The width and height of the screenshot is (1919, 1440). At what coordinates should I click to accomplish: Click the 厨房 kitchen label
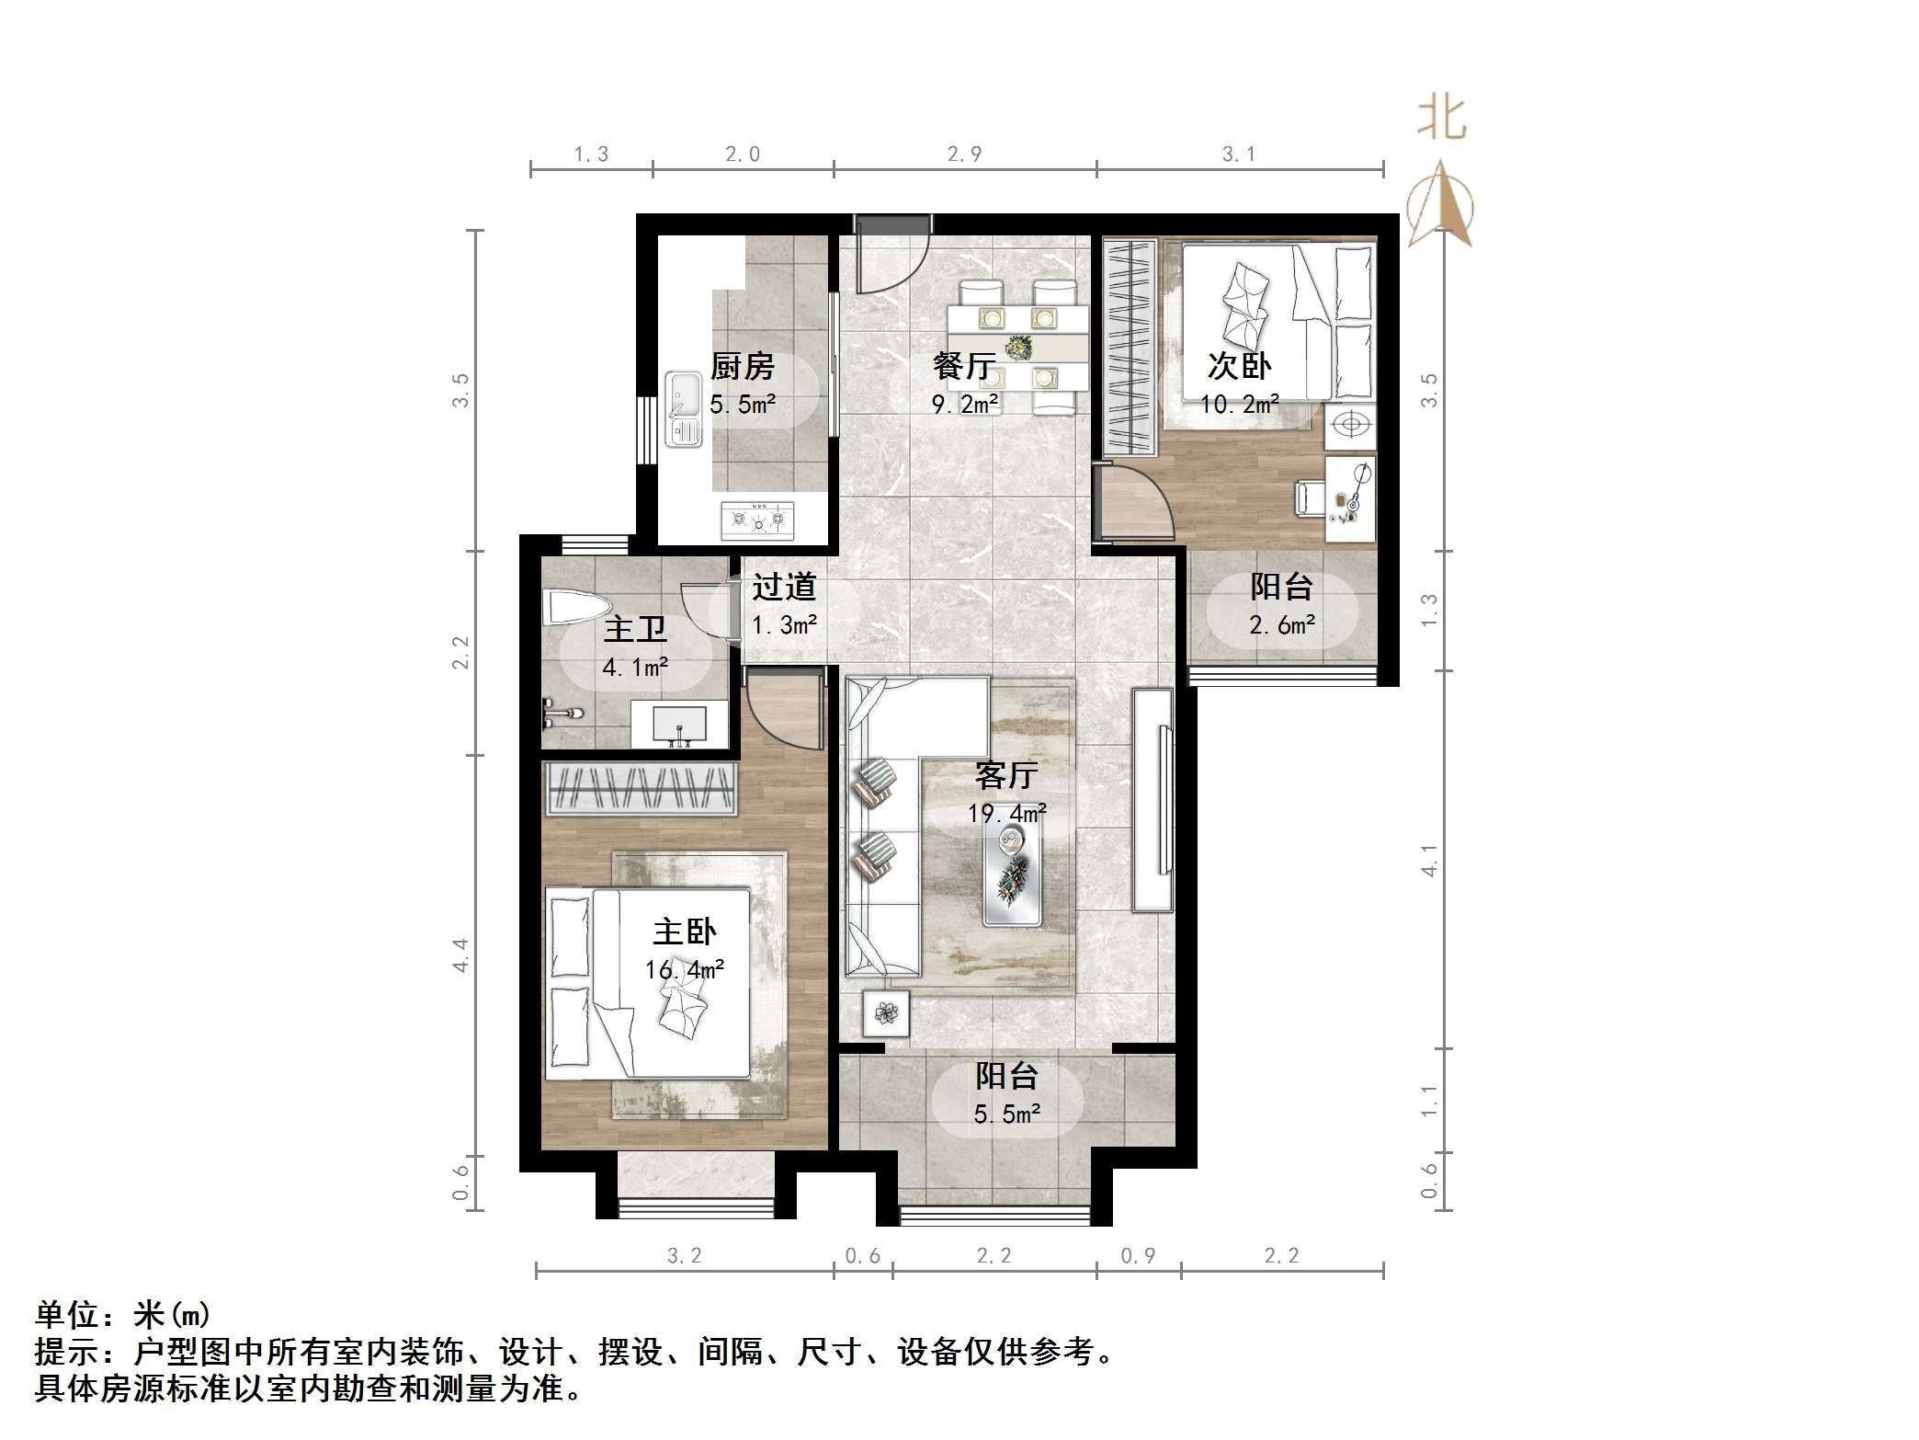(x=742, y=367)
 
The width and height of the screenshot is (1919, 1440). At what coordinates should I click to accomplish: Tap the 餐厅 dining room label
(x=964, y=367)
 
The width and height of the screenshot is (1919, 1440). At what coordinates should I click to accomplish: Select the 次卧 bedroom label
(x=1239, y=367)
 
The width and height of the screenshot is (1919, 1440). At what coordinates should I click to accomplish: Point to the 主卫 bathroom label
(x=634, y=630)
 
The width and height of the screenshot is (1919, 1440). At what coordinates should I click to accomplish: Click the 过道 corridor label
(x=784, y=587)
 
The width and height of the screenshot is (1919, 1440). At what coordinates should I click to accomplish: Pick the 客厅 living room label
(x=1006, y=776)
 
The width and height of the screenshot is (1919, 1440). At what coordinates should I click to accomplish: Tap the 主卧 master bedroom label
(x=685, y=932)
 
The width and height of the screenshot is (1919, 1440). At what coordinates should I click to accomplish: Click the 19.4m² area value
(x=1006, y=814)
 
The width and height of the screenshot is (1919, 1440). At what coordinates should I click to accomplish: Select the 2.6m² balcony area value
(x=1281, y=625)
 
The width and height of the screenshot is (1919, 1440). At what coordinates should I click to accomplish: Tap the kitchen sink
(x=683, y=408)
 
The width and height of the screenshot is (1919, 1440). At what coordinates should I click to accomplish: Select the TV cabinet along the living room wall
(x=1153, y=800)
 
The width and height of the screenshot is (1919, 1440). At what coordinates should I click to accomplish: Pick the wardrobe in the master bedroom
(x=641, y=789)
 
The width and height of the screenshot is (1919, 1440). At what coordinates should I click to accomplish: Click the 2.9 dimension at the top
(x=964, y=154)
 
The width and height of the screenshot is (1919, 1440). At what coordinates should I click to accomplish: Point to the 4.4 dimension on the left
(x=460, y=954)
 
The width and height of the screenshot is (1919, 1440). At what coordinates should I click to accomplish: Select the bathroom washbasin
(x=679, y=723)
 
